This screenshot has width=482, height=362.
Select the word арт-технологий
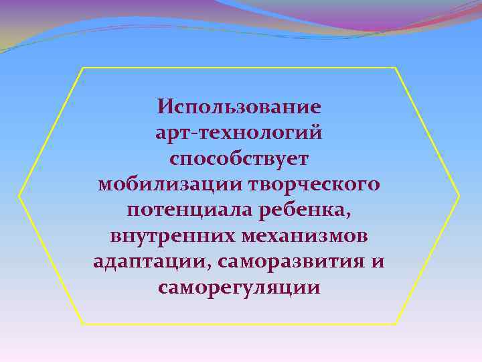(x=240, y=133)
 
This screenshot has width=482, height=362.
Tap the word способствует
(x=240, y=160)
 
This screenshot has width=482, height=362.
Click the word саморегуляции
(x=240, y=288)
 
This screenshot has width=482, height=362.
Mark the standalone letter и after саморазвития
(x=378, y=262)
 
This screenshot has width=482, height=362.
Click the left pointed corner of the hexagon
(x=19, y=196)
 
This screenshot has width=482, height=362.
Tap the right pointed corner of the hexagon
(x=459, y=196)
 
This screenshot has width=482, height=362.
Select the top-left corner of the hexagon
(x=82, y=68)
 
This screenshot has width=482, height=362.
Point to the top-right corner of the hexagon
(x=396, y=68)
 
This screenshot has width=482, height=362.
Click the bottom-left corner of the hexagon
(x=82, y=324)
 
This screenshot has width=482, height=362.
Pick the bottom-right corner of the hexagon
(x=396, y=324)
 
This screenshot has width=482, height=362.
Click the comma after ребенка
(x=347, y=217)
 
